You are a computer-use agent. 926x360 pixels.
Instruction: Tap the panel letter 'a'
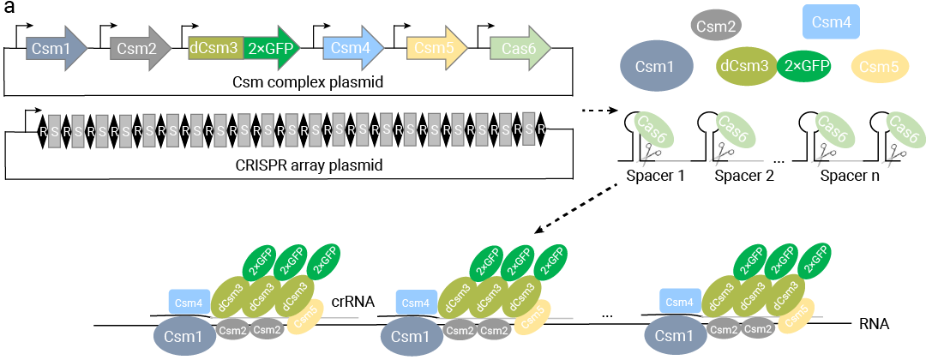(9, 9)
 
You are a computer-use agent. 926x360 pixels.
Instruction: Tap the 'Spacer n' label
(850, 177)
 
